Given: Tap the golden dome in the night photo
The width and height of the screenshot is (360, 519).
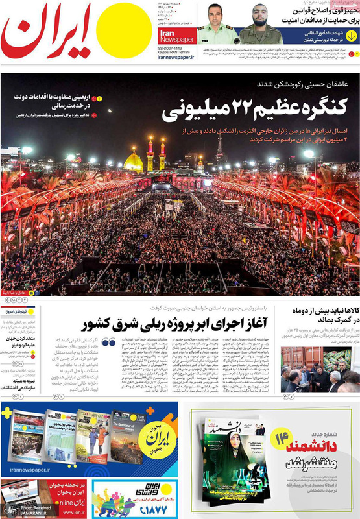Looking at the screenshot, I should pos(134,160).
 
